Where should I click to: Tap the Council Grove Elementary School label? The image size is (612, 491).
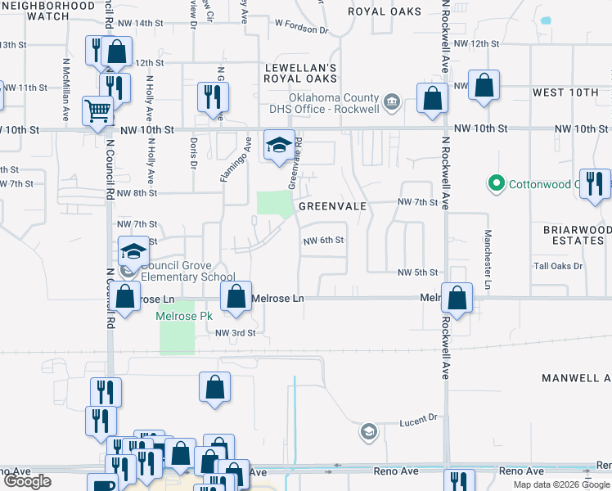(x=187, y=271)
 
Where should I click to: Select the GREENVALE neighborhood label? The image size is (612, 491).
(x=331, y=207)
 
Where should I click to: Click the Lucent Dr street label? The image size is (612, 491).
(x=419, y=421)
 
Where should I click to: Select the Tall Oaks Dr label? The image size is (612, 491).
(x=557, y=266)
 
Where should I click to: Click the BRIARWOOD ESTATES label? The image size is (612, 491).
(x=573, y=236)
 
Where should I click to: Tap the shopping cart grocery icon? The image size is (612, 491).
(x=97, y=110)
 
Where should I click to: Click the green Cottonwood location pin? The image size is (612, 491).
(x=494, y=183)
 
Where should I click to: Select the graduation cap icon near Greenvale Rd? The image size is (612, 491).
(x=278, y=146)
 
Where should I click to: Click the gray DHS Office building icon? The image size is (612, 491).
(x=392, y=101)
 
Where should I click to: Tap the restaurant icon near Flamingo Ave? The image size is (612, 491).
(x=212, y=97)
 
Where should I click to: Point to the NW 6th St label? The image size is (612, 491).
(x=323, y=241)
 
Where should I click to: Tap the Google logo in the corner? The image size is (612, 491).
(x=27, y=481)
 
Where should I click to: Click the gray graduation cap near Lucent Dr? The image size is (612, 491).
(x=369, y=431)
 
